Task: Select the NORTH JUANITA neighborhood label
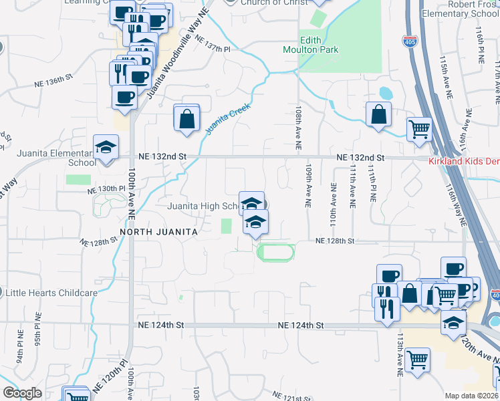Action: [158, 231]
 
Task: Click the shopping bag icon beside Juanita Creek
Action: [187, 118]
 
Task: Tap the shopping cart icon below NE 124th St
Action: [417, 360]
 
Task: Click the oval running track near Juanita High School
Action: [275, 252]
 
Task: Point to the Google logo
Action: [23, 392]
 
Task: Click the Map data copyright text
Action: [471, 396]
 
